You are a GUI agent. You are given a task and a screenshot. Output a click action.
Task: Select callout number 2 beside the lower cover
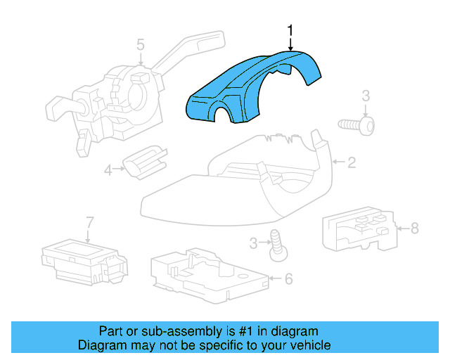352,163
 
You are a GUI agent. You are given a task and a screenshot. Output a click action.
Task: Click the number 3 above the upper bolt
366,96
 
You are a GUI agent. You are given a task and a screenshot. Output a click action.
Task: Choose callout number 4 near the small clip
108,169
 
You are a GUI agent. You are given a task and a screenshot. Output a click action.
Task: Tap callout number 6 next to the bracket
288,279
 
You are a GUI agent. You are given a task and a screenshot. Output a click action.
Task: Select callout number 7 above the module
89,223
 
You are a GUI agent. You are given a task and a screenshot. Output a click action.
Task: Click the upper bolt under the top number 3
357,124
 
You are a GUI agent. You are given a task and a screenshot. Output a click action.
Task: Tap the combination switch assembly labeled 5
120,98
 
